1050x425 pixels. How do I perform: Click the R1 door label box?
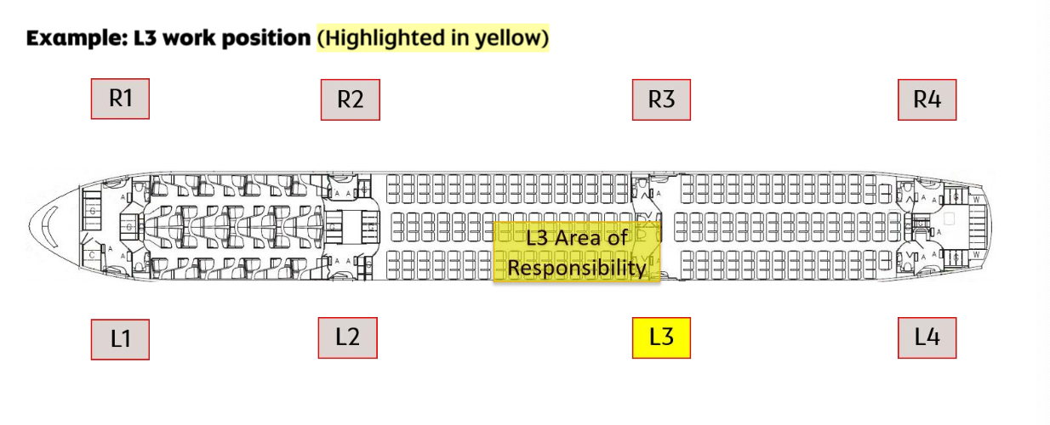pos(120,99)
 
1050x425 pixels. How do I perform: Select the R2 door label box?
pos(350,99)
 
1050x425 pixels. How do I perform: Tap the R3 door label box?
pos(661,99)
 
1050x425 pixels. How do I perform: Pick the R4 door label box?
pos(927,99)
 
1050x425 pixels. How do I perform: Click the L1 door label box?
pos(120,339)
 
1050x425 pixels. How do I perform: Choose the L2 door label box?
pos(347,337)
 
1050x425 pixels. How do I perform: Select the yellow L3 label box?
pos(661,337)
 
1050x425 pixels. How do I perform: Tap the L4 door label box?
pos(927,337)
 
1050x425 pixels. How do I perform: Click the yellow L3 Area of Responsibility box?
pos(577,252)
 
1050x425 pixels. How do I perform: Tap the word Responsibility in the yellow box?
pos(577,269)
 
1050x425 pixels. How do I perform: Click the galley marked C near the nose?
pos(91,254)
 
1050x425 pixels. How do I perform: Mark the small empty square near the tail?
pos(949,218)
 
